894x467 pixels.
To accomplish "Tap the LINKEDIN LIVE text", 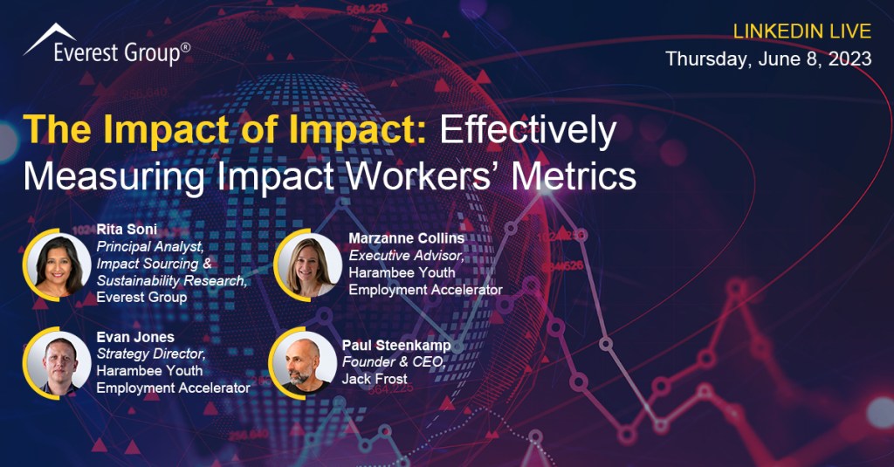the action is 801,31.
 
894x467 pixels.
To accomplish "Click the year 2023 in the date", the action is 849,58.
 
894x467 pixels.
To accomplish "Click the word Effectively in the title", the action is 528,131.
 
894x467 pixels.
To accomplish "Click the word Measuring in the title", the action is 114,177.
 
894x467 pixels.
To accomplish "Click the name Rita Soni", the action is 127,230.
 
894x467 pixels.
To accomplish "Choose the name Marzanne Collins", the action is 407,238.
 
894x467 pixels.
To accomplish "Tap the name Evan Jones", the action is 135,337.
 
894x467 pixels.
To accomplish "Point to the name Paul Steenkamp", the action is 396,346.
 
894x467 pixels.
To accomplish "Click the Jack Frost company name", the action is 375,379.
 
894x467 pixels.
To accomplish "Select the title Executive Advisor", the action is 407,256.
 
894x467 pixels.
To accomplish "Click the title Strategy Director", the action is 151,354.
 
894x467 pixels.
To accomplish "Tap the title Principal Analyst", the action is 150,246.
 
